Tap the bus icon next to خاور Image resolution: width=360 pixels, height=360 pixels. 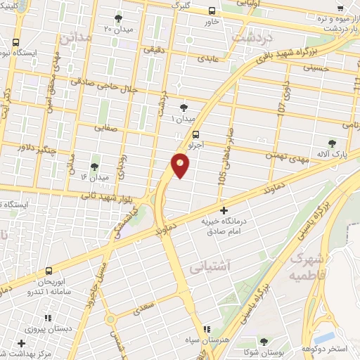(x=212, y=10)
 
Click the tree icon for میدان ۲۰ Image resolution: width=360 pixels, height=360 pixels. (x=117, y=18)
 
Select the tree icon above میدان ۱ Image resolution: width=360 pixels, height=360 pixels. (x=184, y=108)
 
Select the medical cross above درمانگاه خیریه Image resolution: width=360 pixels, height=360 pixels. (x=224, y=210)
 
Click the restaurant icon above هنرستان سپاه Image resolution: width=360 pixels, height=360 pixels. (x=206, y=329)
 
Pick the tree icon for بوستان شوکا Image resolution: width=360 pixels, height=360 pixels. (x=264, y=341)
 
